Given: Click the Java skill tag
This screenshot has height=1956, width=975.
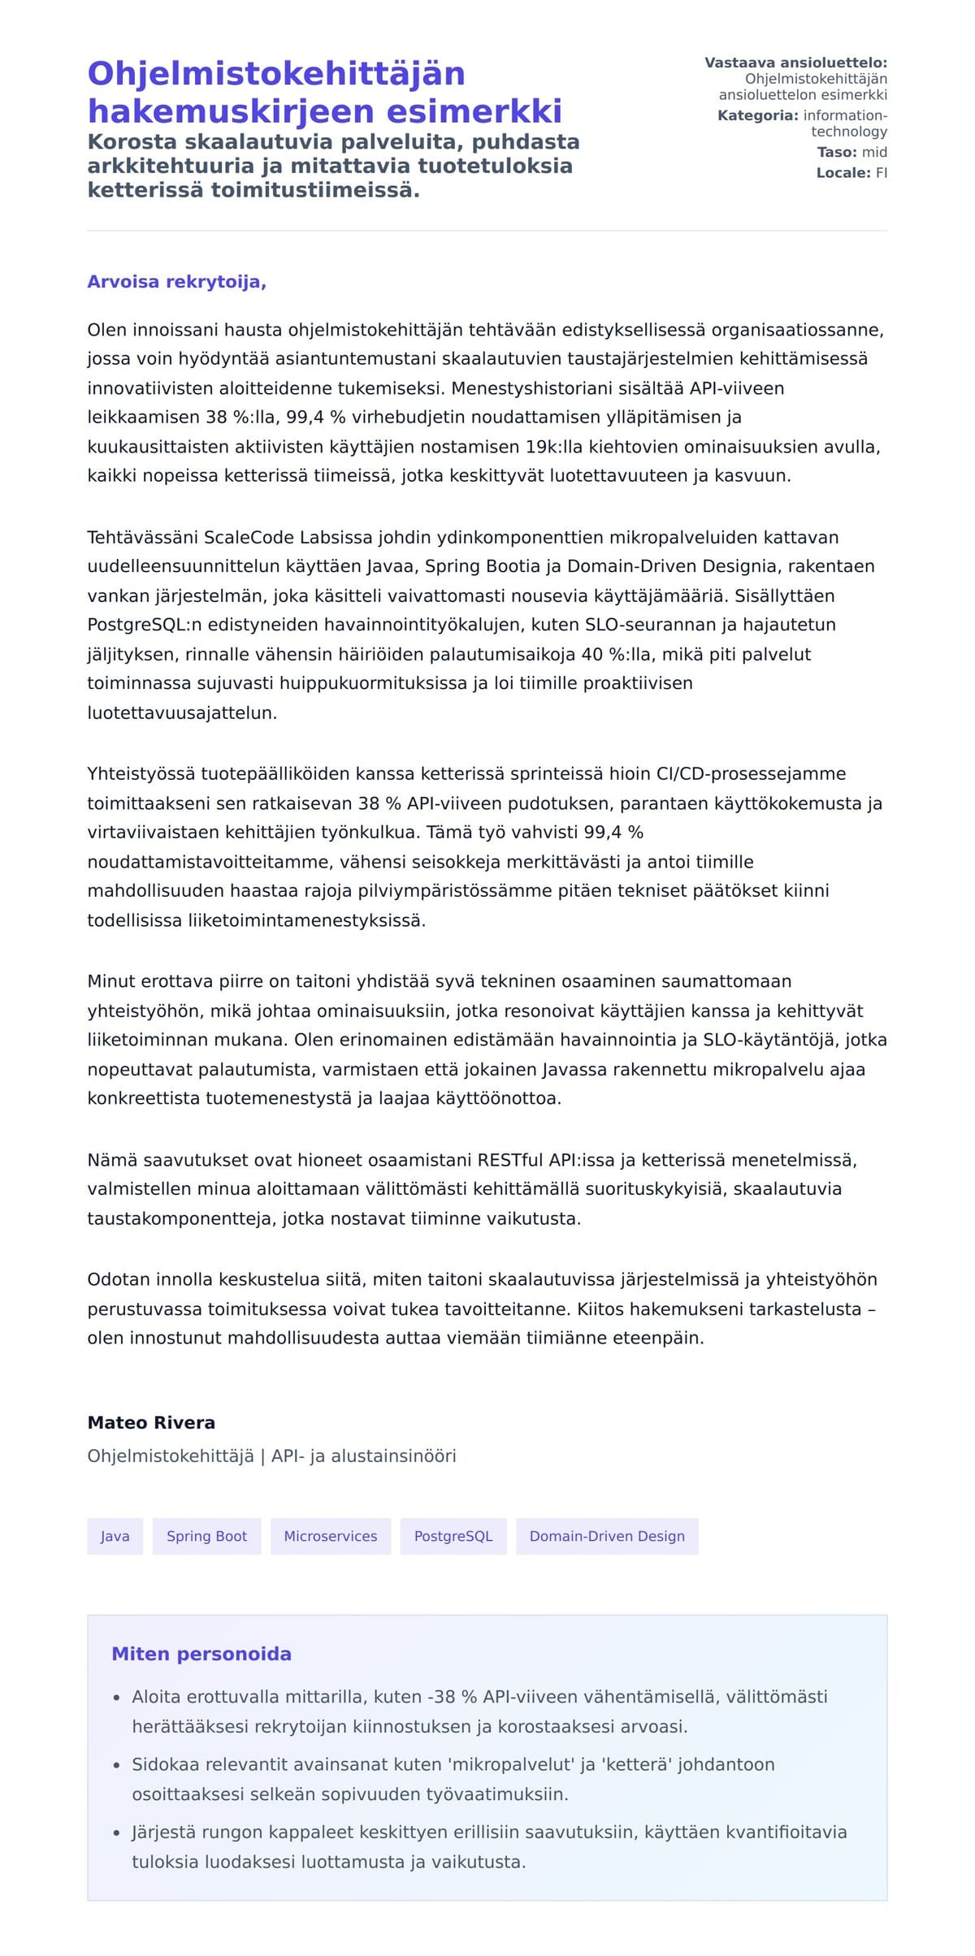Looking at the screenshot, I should (115, 1536).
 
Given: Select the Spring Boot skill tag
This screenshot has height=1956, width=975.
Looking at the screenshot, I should (206, 1536).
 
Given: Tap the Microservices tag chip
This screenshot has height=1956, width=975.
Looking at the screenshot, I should (330, 1536).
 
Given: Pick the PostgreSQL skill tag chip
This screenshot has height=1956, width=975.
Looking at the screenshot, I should (453, 1536).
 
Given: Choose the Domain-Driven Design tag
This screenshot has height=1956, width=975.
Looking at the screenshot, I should (607, 1536).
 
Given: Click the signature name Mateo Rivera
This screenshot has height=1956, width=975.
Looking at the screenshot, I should (151, 1422).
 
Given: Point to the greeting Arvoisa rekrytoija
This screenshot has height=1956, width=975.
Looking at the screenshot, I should (176, 282).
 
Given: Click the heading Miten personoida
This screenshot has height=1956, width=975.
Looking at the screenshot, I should (201, 1654).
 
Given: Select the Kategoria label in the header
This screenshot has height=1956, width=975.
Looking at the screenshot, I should (757, 115).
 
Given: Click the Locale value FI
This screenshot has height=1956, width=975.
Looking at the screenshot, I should (881, 172).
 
